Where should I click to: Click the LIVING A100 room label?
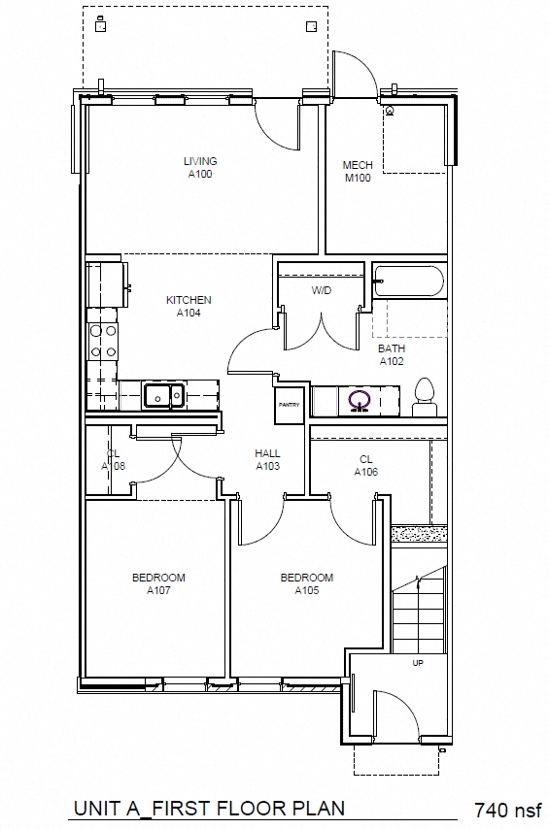point(200,168)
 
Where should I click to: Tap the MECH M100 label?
point(358,172)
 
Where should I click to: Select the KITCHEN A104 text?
point(189,307)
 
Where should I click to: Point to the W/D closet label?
point(323,290)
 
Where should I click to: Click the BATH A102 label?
point(392,354)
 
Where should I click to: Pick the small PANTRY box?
point(290,405)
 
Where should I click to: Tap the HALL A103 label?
point(268,459)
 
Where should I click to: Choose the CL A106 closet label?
point(366,466)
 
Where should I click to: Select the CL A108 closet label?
point(114,459)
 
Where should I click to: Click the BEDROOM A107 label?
point(158,583)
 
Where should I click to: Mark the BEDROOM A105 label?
point(306,583)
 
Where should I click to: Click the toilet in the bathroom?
point(424,397)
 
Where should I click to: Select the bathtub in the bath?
point(408,282)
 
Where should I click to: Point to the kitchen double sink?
point(164,395)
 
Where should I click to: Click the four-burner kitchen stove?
point(103,341)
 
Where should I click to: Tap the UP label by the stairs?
point(418,664)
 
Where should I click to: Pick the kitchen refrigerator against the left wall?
point(106,282)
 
